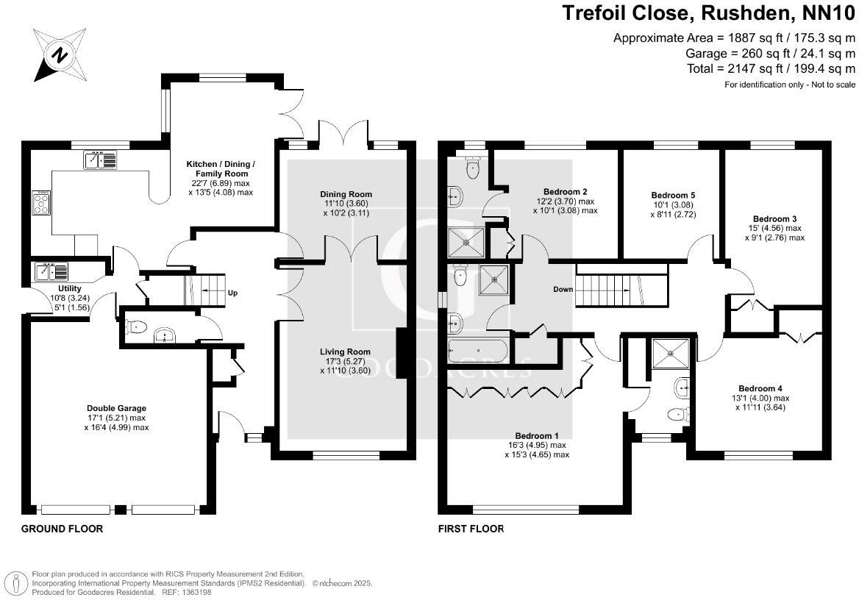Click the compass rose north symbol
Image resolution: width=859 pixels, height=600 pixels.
click(57, 54)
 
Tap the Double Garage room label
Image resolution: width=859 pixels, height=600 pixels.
click(116, 408)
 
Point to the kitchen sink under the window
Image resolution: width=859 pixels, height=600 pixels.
click(99, 160)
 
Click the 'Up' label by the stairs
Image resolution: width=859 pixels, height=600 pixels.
click(233, 292)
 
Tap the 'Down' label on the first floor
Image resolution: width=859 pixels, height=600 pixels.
click(563, 289)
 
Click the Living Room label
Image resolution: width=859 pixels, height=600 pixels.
click(345, 351)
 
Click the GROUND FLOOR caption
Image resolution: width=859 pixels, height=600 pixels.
click(62, 529)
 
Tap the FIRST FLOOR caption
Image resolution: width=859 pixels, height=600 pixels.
click(471, 529)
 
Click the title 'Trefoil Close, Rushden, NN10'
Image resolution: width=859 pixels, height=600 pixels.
click(709, 13)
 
